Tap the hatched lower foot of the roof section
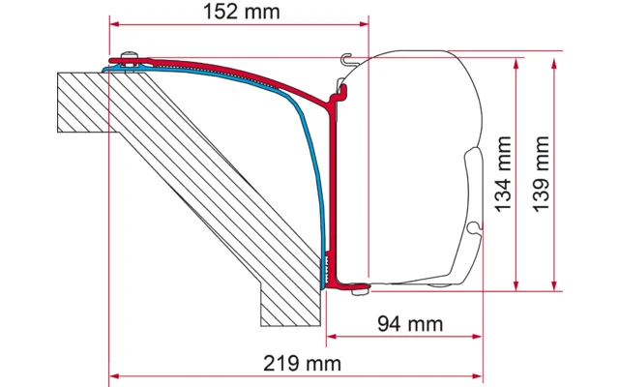point(288,305)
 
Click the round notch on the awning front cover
point(472,228)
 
